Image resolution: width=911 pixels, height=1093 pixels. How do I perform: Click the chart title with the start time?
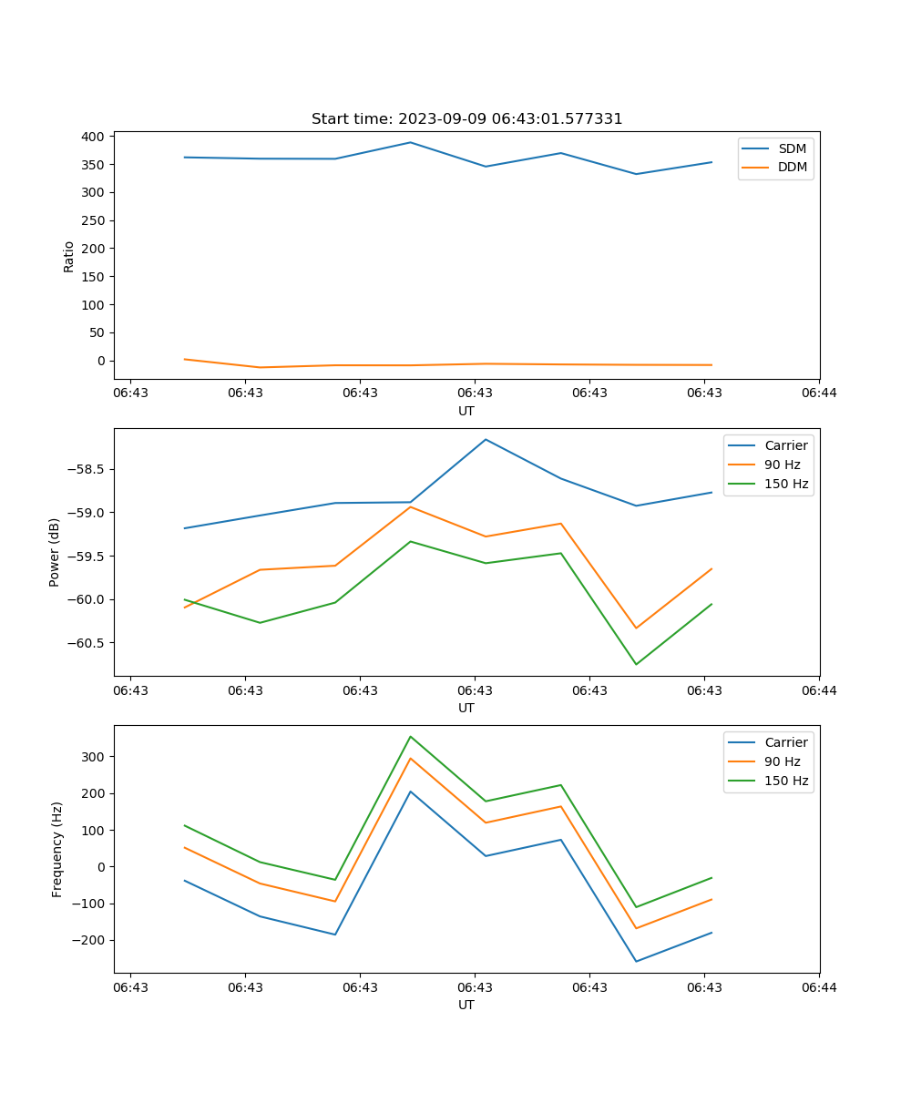[466, 119]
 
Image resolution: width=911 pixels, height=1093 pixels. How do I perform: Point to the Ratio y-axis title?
[69, 256]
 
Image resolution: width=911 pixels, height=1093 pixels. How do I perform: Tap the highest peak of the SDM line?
[410, 142]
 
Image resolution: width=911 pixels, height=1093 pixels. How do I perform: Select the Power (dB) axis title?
[55, 552]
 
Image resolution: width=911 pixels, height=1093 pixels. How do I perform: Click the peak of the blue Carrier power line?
[486, 439]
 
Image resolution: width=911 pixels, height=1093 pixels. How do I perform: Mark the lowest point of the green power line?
[636, 664]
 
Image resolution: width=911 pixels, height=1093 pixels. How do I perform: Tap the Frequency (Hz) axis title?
[57, 849]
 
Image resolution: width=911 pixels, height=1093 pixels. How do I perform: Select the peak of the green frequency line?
[410, 736]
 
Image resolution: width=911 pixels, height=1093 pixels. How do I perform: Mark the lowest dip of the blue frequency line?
[636, 961]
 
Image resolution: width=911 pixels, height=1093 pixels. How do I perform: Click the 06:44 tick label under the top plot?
[819, 393]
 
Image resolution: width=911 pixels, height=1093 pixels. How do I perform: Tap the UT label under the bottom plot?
[466, 1005]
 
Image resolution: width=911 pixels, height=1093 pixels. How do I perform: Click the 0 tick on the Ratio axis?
[102, 361]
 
